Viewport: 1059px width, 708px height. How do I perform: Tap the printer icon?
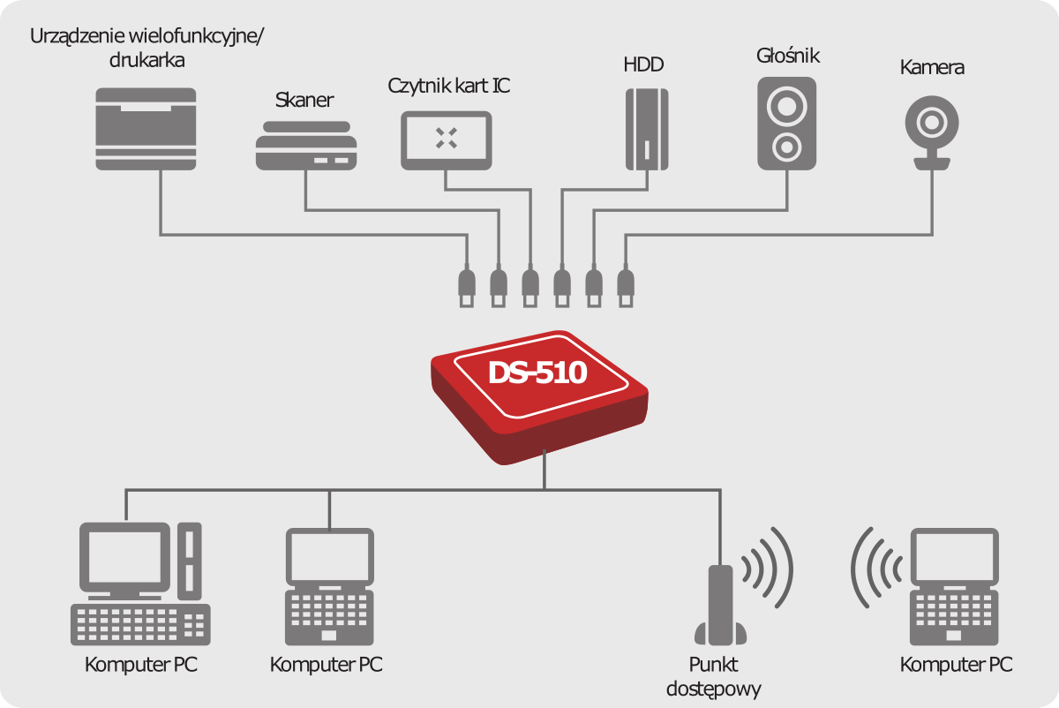point(146,128)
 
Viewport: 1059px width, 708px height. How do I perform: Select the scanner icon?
point(306,146)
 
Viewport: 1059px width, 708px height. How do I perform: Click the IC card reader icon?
point(447,139)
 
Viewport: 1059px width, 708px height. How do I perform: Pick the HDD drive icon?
point(647,129)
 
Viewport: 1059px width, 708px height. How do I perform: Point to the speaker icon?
point(785,124)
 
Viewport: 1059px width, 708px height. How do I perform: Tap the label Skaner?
point(304,100)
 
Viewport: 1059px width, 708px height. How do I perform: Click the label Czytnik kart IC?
point(449,86)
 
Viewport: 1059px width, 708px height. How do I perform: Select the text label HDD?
point(642,65)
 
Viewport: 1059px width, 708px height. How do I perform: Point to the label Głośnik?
point(788,56)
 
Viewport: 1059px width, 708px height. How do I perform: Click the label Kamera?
point(932,67)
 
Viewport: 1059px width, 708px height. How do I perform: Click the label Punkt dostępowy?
point(714,676)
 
